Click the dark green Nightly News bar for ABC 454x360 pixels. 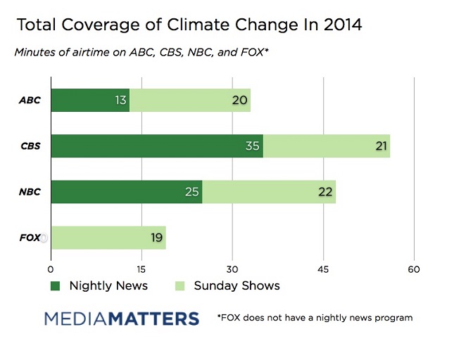90,101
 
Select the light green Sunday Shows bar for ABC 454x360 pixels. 190,101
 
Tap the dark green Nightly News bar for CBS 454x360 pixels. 157,146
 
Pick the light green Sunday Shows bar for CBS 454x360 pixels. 327,146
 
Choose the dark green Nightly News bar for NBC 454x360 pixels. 127,191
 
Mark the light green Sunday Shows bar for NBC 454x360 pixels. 269,191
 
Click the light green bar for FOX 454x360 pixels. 108,238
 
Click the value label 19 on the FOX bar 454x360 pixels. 156,238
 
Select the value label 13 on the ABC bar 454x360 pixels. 120,101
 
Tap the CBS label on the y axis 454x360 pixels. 31,147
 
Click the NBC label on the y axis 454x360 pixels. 31,192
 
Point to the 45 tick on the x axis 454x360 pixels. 323,269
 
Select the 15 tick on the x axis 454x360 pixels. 141,269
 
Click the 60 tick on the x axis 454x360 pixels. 414,269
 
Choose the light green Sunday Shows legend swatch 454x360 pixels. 179,285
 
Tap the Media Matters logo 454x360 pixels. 122,319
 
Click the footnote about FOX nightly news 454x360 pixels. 315,318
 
